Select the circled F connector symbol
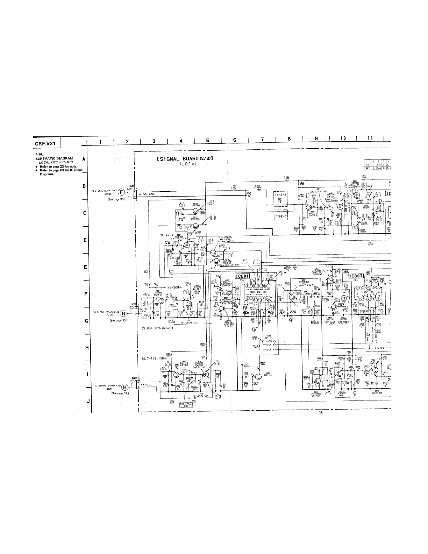pos(121,192)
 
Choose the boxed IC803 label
pos(350,277)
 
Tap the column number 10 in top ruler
pos(343,138)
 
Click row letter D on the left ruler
pos(84,241)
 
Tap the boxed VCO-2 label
pos(315,322)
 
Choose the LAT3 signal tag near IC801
pos(272,345)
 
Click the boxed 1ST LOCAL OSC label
pos(186,405)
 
